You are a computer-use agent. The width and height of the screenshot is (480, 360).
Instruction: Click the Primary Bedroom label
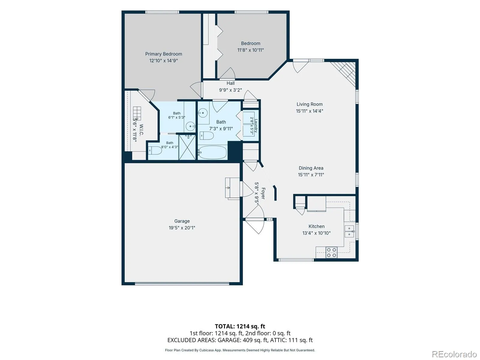[163, 54]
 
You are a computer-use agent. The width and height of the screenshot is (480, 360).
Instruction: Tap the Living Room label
[309, 104]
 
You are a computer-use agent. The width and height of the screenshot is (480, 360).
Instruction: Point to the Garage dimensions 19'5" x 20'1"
[182, 228]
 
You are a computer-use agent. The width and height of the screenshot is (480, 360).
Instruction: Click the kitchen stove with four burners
[331, 252]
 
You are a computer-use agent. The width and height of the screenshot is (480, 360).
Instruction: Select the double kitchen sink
[349, 231]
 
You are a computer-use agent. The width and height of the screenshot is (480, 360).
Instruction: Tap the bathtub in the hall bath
[212, 152]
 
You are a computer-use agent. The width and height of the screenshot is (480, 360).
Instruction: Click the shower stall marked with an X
[187, 147]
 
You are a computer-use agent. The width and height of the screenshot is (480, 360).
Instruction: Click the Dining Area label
[311, 168]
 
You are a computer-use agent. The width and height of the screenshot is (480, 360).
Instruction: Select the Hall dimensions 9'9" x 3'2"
[230, 90]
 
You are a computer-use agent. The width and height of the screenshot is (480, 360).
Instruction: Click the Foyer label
[263, 193]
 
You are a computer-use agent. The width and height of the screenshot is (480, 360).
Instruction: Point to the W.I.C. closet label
[141, 130]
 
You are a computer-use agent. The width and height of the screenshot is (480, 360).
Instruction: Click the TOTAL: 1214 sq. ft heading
[240, 326]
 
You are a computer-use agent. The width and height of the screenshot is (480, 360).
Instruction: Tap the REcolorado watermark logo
[454, 354]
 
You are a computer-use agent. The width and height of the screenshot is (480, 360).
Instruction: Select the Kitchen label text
[316, 226]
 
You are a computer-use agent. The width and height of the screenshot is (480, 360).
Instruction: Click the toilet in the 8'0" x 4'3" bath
[155, 151]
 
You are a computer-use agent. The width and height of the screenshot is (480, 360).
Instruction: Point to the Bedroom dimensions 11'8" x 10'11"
[250, 50]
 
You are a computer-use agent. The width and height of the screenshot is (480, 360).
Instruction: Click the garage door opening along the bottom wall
[182, 284]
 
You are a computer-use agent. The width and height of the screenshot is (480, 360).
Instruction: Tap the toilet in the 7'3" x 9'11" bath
[207, 136]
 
